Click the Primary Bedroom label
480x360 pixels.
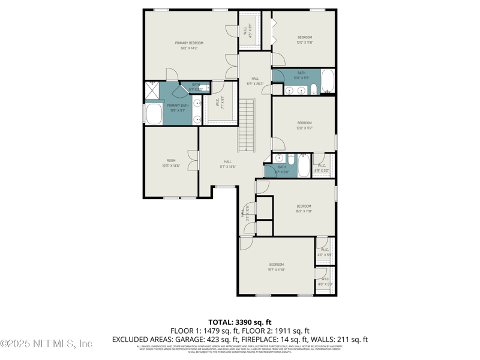tap(189, 43)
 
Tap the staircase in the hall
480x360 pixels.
tap(247, 125)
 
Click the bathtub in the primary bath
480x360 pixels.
tap(154, 113)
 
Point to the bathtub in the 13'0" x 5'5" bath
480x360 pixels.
tap(328, 81)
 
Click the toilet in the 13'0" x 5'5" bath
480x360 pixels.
tap(314, 90)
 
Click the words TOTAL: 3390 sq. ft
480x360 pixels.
tap(240, 322)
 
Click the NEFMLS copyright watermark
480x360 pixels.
tap(47, 343)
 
